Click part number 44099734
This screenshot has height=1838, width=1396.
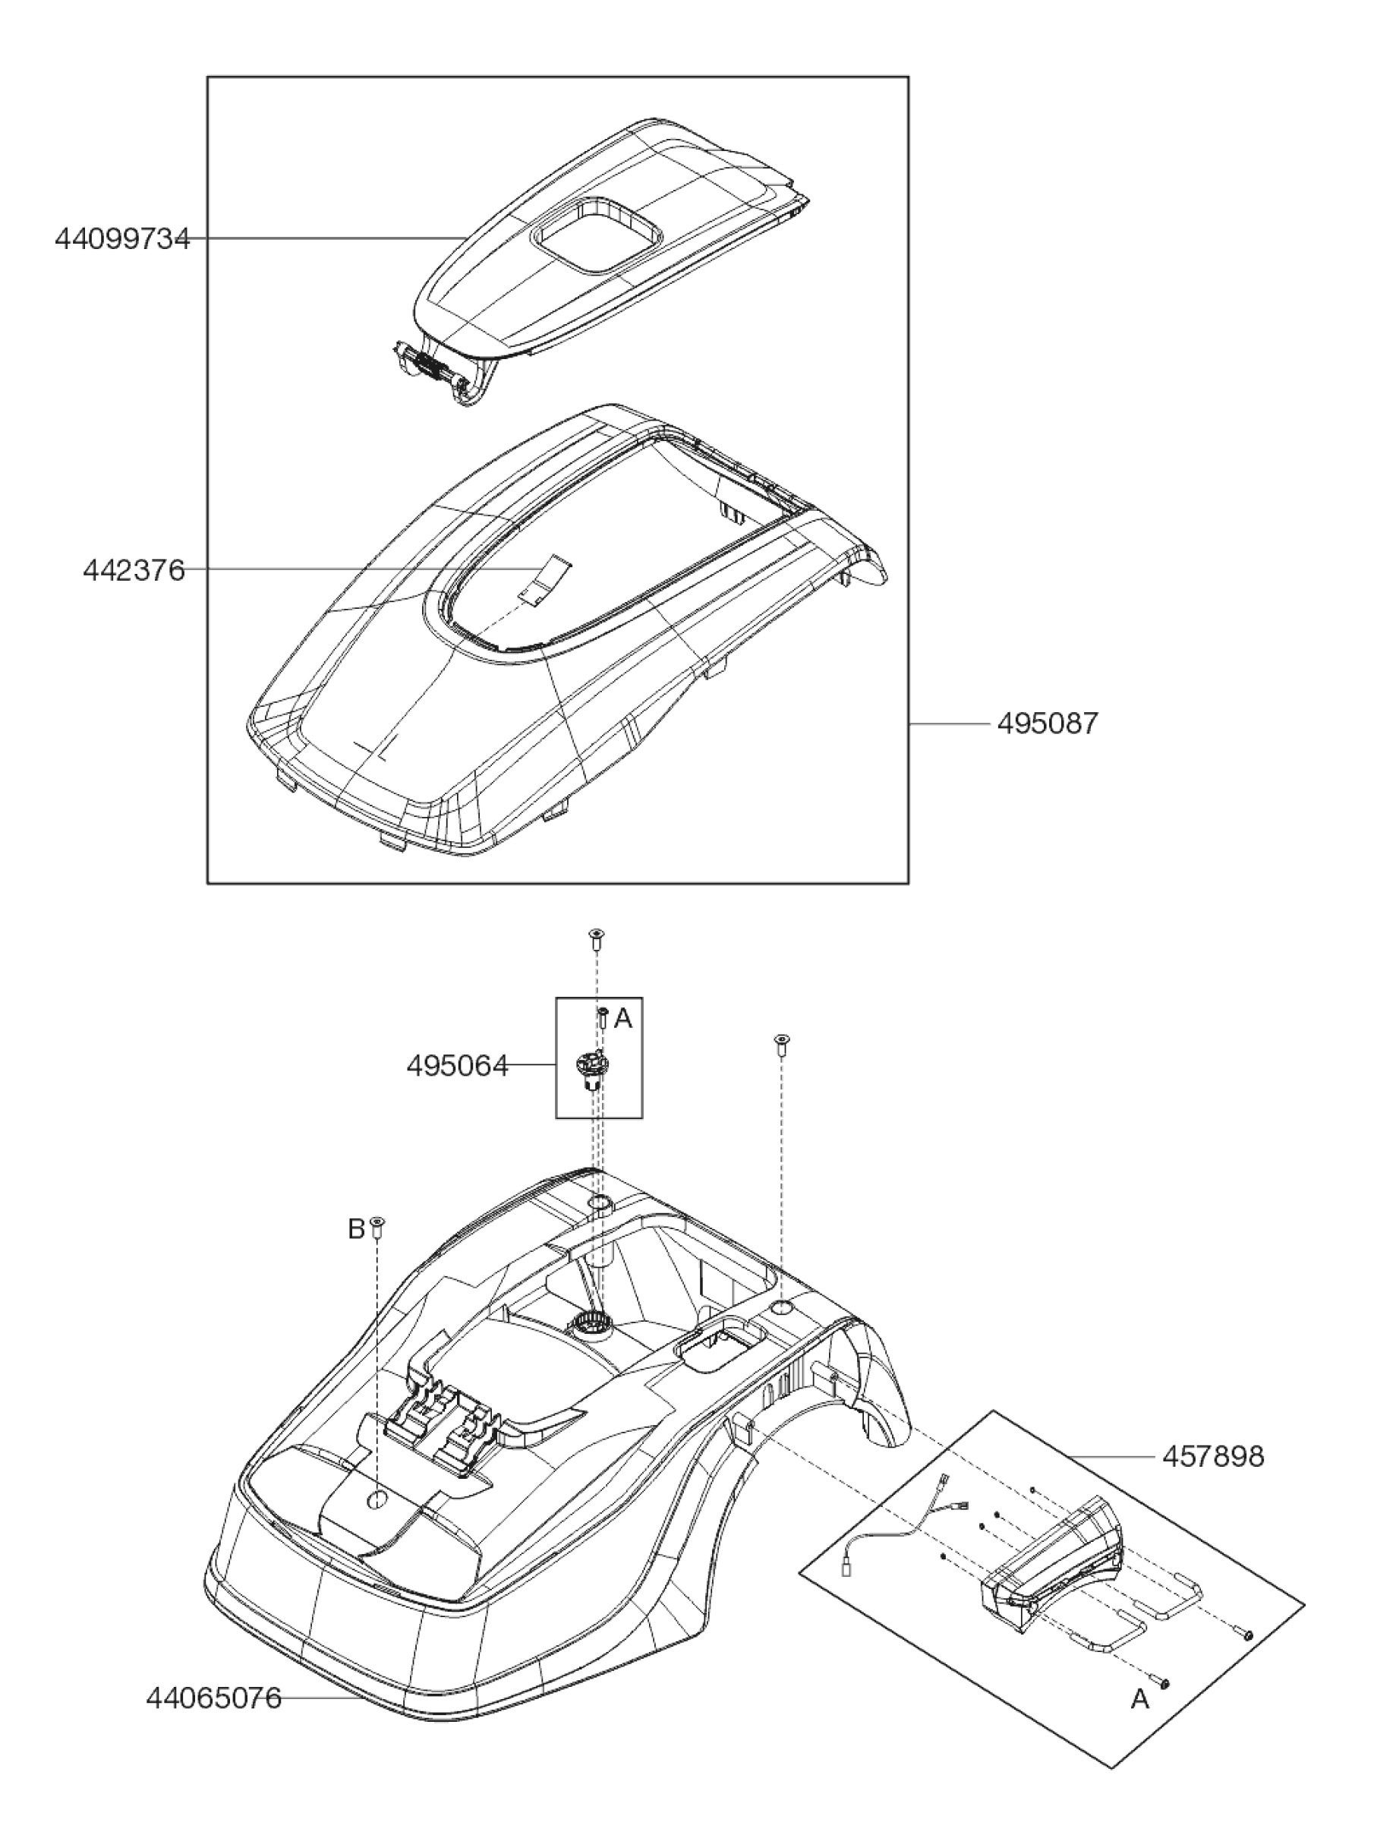[122, 239]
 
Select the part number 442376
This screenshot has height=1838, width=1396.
[134, 570]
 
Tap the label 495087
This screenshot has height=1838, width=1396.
[1047, 724]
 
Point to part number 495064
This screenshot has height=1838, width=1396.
[457, 1066]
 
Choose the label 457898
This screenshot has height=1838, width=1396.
[1213, 1457]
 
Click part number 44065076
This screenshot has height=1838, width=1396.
[213, 1698]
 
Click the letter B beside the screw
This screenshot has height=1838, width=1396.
[356, 1229]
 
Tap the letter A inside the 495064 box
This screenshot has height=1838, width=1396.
[623, 1019]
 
